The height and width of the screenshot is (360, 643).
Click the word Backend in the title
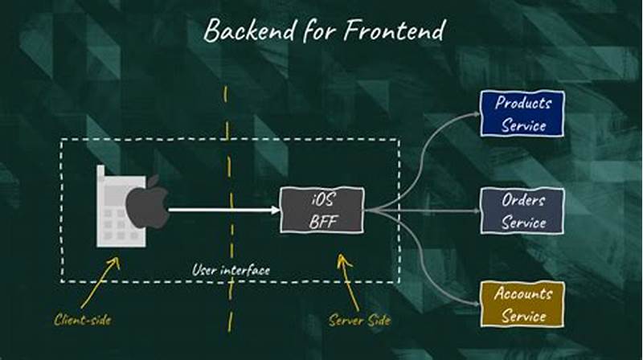coord(248,31)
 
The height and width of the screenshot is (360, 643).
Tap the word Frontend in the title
coord(395,31)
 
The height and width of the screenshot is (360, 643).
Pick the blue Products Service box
coord(522,113)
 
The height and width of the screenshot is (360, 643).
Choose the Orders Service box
coord(522,211)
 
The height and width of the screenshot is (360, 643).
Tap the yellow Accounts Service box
coord(522,304)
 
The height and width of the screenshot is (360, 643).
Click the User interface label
coord(231,271)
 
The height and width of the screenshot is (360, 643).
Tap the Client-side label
coord(82,320)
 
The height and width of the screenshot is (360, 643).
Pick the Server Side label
coord(359,320)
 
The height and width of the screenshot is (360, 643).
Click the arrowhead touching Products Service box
coord(473,115)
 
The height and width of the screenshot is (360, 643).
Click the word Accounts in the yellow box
coord(523,294)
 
